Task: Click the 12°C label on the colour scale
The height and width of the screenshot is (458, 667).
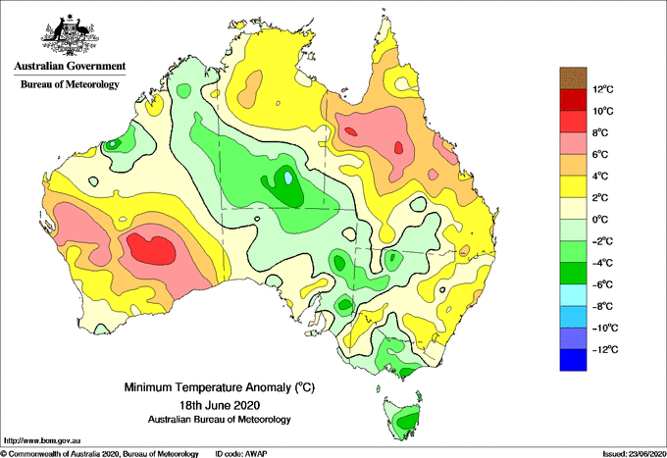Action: coord(603,89)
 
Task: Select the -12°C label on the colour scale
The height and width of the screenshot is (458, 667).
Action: coord(605,349)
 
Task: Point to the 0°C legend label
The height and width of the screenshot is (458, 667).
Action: coord(600,220)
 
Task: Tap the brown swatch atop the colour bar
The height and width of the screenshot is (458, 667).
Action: coord(573,77)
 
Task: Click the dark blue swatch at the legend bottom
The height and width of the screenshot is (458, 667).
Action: coord(573,360)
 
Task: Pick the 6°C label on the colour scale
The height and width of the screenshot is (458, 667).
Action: coord(600,154)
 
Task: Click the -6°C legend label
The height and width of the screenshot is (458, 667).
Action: coord(602,284)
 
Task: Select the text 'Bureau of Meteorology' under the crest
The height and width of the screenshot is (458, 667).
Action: coord(70,84)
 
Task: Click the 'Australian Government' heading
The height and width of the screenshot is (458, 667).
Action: coord(70,66)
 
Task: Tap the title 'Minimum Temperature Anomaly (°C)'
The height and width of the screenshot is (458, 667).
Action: coord(220,387)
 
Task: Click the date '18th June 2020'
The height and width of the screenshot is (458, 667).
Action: coord(220,405)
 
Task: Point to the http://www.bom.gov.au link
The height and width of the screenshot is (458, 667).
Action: coord(41,441)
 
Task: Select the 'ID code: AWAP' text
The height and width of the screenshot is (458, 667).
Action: coord(241,454)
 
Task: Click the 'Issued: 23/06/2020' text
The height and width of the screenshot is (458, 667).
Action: coord(634,454)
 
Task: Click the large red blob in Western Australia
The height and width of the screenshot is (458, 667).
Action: coord(151,249)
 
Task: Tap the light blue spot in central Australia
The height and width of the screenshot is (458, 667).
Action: coord(288,177)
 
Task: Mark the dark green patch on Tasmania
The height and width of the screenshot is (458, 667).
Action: coord(407,421)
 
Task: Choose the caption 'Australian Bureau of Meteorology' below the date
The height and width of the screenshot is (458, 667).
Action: coord(220,420)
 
